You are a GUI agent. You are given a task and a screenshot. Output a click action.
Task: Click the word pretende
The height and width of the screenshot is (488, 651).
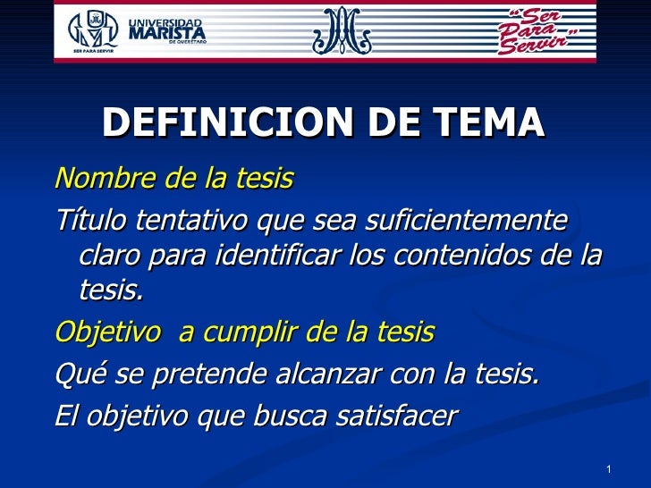point(198,373)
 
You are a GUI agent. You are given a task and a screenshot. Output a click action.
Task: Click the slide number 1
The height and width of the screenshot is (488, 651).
point(608,470)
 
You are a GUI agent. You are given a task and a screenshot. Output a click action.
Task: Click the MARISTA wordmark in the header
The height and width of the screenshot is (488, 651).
point(169,33)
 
